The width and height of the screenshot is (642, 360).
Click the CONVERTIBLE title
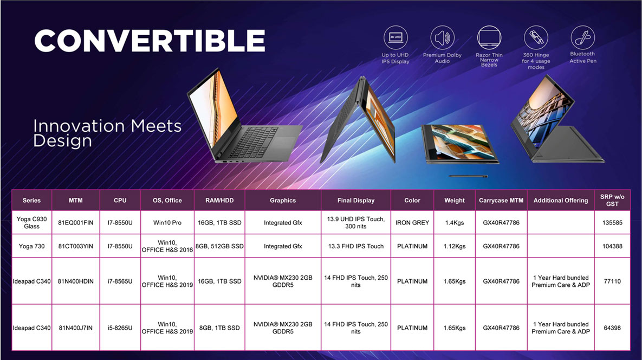pos(150,41)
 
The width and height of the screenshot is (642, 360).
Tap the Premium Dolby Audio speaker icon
pos(442,37)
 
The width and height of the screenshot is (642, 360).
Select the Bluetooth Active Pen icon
pos(582,37)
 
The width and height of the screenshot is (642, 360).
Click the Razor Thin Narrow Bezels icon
pos(489,37)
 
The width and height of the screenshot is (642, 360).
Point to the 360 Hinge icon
pos(536,37)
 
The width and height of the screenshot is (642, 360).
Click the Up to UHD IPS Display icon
pos(395,37)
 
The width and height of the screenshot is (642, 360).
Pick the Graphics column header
pos(283,200)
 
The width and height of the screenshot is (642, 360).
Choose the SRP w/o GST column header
pos(612,200)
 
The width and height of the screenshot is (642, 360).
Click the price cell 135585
pos(612,223)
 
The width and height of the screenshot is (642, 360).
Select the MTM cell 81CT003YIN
pos(76,246)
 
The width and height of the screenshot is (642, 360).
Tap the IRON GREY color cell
pos(412,223)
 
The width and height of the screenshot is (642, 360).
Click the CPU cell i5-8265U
pos(120,327)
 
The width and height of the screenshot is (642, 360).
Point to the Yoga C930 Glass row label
pos(31,222)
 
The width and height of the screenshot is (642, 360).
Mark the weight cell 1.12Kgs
pos(455,246)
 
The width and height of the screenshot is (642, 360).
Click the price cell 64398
pos(612,327)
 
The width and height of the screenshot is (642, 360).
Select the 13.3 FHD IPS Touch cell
pos(356,246)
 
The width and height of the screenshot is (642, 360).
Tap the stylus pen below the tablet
pos(468,176)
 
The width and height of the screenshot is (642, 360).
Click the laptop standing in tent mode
pos(359,120)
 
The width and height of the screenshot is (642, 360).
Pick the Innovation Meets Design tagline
pos(107,133)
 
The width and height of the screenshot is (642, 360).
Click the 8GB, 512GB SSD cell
pos(219,246)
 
